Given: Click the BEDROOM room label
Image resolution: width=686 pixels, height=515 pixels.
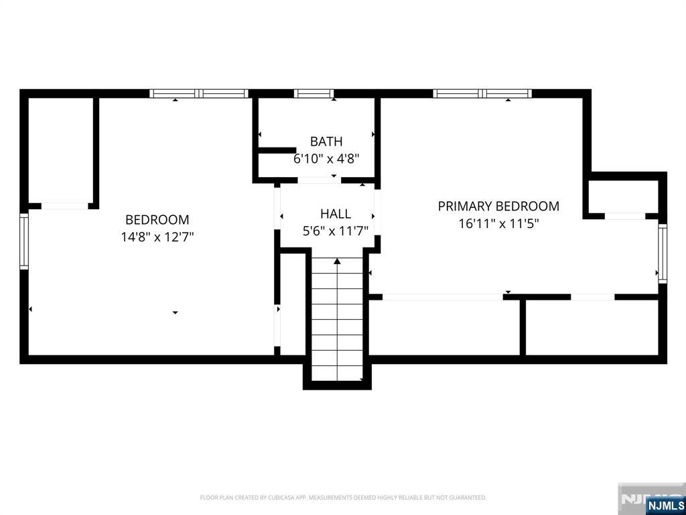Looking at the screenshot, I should tap(157, 220).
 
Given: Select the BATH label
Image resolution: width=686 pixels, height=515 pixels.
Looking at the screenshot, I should tap(326, 141).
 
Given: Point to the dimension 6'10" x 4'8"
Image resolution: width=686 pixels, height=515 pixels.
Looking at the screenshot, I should tap(326, 159).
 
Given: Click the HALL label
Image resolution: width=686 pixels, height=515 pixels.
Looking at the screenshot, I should tap(335, 214).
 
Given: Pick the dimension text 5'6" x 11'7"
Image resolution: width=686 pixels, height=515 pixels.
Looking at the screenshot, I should tap(335, 231).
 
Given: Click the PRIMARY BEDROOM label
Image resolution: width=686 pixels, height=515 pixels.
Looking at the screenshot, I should tap(498, 207).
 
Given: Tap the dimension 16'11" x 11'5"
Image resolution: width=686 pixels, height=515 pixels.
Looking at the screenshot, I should tap(498, 223).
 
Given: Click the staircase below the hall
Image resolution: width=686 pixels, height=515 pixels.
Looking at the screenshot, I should tap(337, 322).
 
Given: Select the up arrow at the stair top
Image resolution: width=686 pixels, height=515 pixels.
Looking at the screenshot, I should tap(337, 261).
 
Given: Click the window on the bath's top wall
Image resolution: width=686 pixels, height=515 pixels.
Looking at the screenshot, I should tap(314, 94).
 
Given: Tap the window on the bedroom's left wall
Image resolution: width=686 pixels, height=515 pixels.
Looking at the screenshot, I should tap(24, 241).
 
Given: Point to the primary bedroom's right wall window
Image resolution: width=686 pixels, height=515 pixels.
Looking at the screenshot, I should tap(663, 253).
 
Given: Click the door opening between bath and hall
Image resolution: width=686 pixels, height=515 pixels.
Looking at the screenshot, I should tap(318, 180).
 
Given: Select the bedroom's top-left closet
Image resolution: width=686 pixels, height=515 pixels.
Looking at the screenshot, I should tap(60, 151).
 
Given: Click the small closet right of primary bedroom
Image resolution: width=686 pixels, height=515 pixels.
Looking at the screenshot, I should tap(623, 196).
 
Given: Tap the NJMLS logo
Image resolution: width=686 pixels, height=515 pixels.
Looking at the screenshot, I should tap(665, 505).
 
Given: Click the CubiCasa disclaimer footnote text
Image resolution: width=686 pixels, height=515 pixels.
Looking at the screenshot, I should tap(343, 498).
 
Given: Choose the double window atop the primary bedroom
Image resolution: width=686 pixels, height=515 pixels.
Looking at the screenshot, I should tap(482, 94).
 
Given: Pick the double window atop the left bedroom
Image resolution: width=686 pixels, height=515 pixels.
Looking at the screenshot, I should tap(199, 94).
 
